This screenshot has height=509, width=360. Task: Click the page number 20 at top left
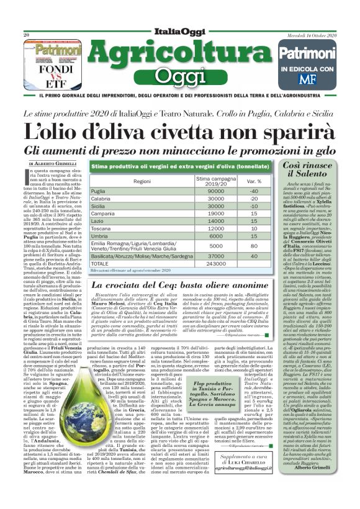click(x=27, y=35)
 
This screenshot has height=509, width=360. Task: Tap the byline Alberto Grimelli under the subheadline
click(x=53, y=163)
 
